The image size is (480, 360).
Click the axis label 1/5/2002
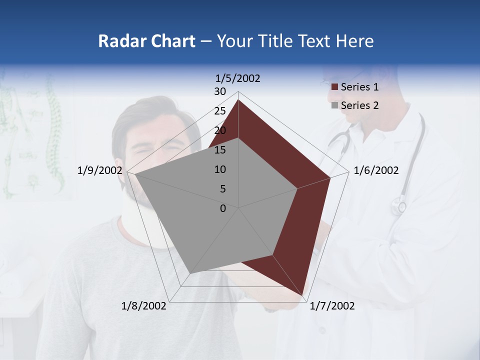tap(238, 78)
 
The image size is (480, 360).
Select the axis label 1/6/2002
tap(376, 170)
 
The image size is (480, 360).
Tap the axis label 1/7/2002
tap(332, 306)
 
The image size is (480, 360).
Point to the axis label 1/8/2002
tap(144, 306)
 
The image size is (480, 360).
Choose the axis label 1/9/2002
tap(100, 170)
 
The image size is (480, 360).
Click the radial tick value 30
tap(220, 91)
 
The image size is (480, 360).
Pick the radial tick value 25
tap(220, 111)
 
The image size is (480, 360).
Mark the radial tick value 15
tap(220, 150)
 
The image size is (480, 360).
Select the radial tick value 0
tap(223, 208)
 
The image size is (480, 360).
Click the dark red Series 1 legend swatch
tap(334, 87)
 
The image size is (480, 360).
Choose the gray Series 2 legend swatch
tap(334, 105)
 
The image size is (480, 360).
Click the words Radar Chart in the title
tap(146, 41)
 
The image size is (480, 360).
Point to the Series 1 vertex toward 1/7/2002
tap(303, 295)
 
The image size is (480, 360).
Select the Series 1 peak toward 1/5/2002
tap(238, 100)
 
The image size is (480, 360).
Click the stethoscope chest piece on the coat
tap(399, 205)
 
